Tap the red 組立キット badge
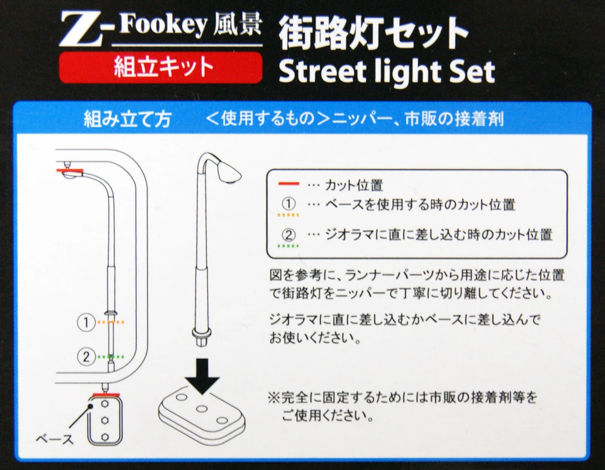point(161,68)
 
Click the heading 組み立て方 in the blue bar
point(128,120)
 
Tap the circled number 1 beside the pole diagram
point(86,323)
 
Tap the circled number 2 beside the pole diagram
point(86,357)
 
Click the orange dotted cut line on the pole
point(111,323)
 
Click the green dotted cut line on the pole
point(111,357)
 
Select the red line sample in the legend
point(289,184)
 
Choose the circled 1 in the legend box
point(289,204)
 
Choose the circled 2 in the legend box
point(289,235)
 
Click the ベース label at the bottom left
point(55,439)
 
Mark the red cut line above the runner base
point(106,395)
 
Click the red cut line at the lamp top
point(69,171)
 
